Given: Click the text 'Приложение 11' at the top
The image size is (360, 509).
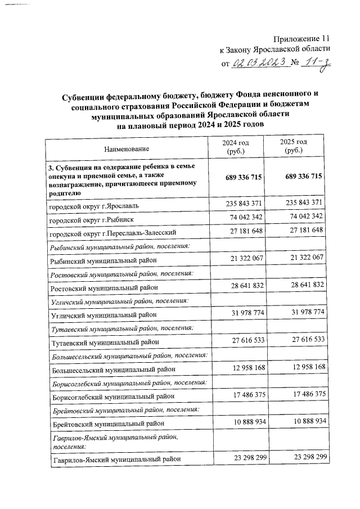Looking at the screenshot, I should (300, 39).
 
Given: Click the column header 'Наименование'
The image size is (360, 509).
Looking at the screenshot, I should (127, 149).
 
